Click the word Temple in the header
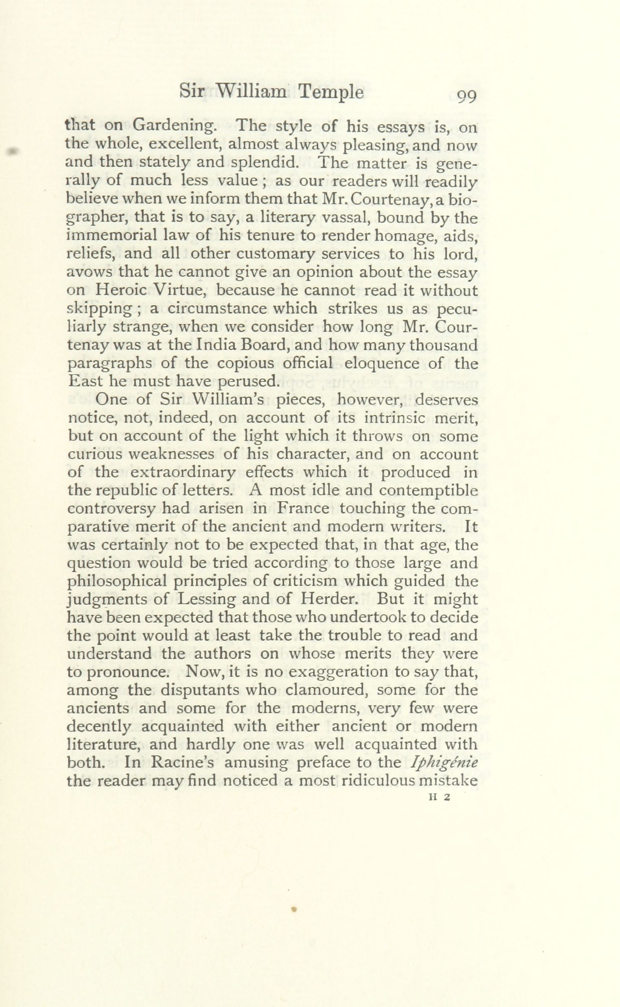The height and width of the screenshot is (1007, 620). pos(331,93)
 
